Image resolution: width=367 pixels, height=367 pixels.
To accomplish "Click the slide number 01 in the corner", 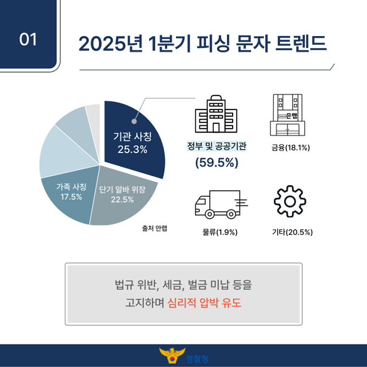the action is pyautogui.click(x=28, y=40).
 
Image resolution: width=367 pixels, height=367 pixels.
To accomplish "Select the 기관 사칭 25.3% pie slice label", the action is pyautogui.click(x=133, y=143).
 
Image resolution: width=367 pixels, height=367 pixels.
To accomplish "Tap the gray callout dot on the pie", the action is pyautogui.click(x=134, y=121).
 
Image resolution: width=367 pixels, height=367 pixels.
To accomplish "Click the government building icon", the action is pyautogui.click(x=216, y=113).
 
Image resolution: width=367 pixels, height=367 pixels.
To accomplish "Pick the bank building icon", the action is pyautogui.click(x=287, y=115).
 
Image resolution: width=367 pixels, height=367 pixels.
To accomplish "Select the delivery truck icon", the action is pyautogui.click(x=221, y=204).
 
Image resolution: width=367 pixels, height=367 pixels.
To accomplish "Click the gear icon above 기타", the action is pyautogui.click(x=290, y=202).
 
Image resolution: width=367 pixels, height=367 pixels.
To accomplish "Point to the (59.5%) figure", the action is pyautogui.click(x=217, y=163).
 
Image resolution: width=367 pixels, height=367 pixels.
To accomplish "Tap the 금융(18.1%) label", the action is pyautogui.click(x=290, y=148).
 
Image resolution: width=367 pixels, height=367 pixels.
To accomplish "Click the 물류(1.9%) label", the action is pyautogui.click(x=220, y=232).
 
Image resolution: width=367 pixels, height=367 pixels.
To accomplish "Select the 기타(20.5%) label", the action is pyautogui.click(x=292, y=232).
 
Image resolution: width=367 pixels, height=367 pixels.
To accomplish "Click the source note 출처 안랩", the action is pyautogui.click(x=155, y=228).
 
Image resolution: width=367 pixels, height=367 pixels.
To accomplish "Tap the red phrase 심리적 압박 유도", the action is pyautogui.click(x=204, y=303).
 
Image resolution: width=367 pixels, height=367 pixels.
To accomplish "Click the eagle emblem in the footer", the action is pyautogui.click(x=172, y=355).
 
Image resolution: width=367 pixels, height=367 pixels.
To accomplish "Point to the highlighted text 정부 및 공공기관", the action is pyautogui.click(x=217, y=146).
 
